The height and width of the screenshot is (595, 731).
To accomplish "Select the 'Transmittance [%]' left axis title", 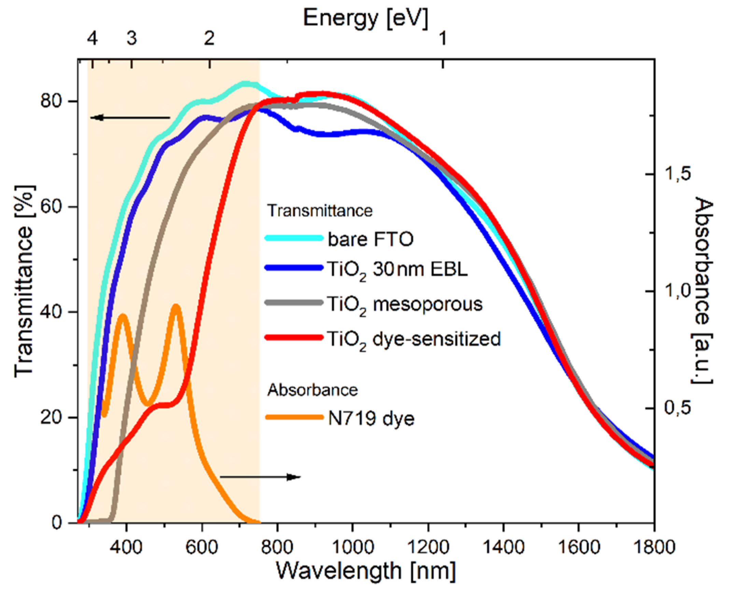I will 24,281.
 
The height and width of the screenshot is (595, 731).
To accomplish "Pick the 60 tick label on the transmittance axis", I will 51,207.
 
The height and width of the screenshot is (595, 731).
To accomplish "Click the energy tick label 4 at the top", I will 92,38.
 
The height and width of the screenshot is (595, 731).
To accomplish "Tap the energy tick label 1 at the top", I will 443,38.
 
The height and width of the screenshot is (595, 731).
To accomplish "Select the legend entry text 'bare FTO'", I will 370,239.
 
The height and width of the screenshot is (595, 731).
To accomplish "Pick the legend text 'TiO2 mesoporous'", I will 405,304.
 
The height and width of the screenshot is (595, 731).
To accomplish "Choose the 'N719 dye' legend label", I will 371,419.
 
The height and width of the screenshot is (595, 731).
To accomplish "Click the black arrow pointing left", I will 130,118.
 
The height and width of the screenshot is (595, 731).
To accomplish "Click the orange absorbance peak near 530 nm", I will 176,306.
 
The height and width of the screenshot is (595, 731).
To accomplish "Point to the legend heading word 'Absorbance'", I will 312,390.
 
